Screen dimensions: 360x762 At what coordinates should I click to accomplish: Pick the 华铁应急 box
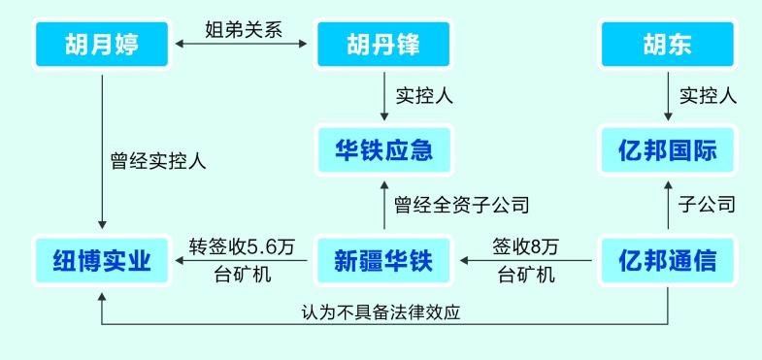(x=383, y=151)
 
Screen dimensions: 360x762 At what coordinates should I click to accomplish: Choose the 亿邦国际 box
(x=667, y=151)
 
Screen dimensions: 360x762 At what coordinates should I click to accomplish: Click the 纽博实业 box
(x=102, y=260)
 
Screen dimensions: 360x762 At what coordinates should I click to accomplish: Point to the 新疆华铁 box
(x=383, y=260)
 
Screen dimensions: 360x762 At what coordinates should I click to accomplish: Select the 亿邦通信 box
(x=667, y=260)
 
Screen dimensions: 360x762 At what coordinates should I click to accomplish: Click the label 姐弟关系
(x=243, y=29)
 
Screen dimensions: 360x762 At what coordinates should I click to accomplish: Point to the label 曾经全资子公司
(x=461, y=205)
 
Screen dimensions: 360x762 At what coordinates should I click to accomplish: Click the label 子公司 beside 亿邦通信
(x=708, y=205)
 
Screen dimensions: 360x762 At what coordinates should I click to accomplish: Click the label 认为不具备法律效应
(x=387, y=313)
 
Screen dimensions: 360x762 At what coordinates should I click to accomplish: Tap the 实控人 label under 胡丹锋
(x=424, y=96)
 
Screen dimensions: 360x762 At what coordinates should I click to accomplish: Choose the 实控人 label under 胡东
(x=708, y=96)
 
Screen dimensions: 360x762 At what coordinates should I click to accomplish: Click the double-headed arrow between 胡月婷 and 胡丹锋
(x=243, y=45)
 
